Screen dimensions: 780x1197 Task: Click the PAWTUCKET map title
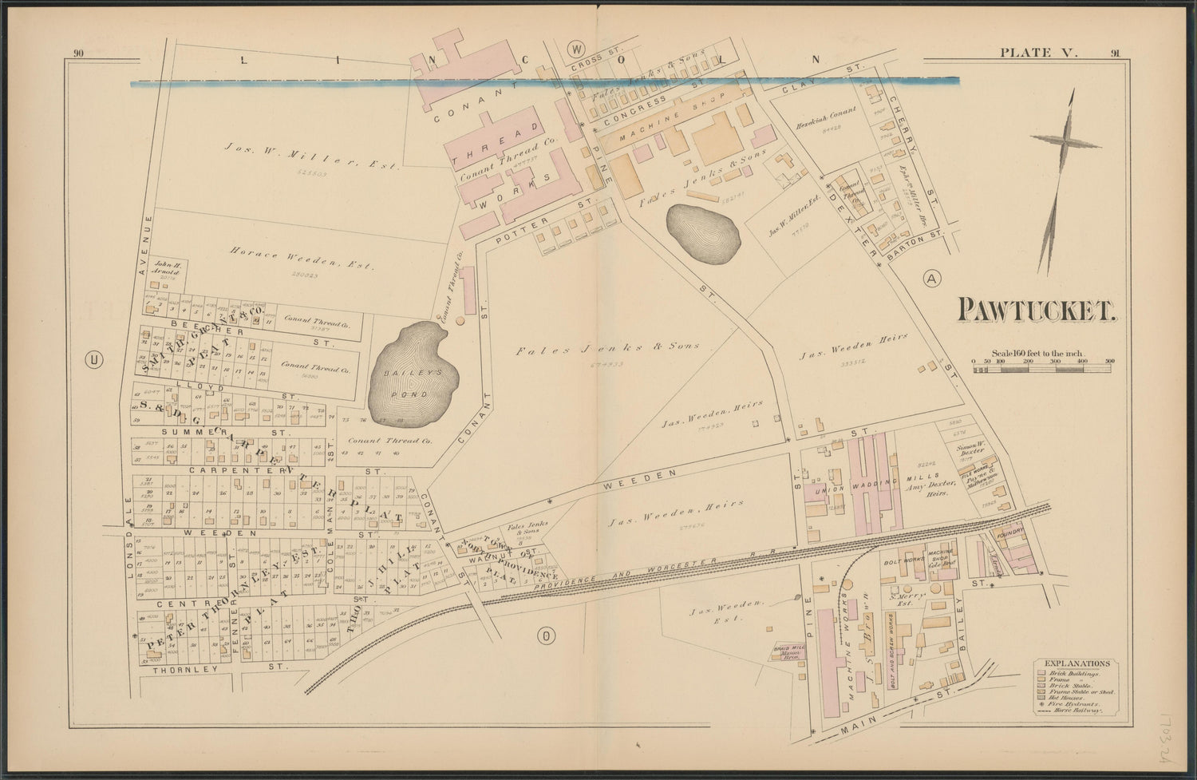click(x=1036, y=310)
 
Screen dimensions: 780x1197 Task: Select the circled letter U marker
click(x=95, y=361)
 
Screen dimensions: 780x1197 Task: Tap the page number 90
click(x=78, y=53)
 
